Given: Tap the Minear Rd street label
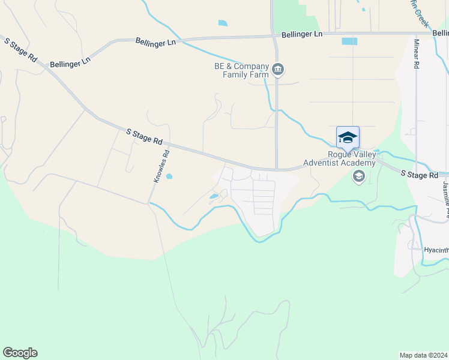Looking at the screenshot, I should (416, 54).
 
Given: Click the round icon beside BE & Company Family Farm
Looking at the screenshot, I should (278, 70).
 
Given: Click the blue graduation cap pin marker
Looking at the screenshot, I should (348, 138).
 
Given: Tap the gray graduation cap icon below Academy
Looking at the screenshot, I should (359, 176).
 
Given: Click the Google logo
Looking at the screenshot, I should (20, 353).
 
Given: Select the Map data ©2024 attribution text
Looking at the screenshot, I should (423, 355).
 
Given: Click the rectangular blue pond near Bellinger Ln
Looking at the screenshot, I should (349, 41).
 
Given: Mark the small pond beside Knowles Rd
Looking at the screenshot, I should (169, 176).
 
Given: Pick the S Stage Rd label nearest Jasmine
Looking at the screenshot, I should (420, 175).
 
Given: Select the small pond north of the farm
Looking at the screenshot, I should (223, 23).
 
